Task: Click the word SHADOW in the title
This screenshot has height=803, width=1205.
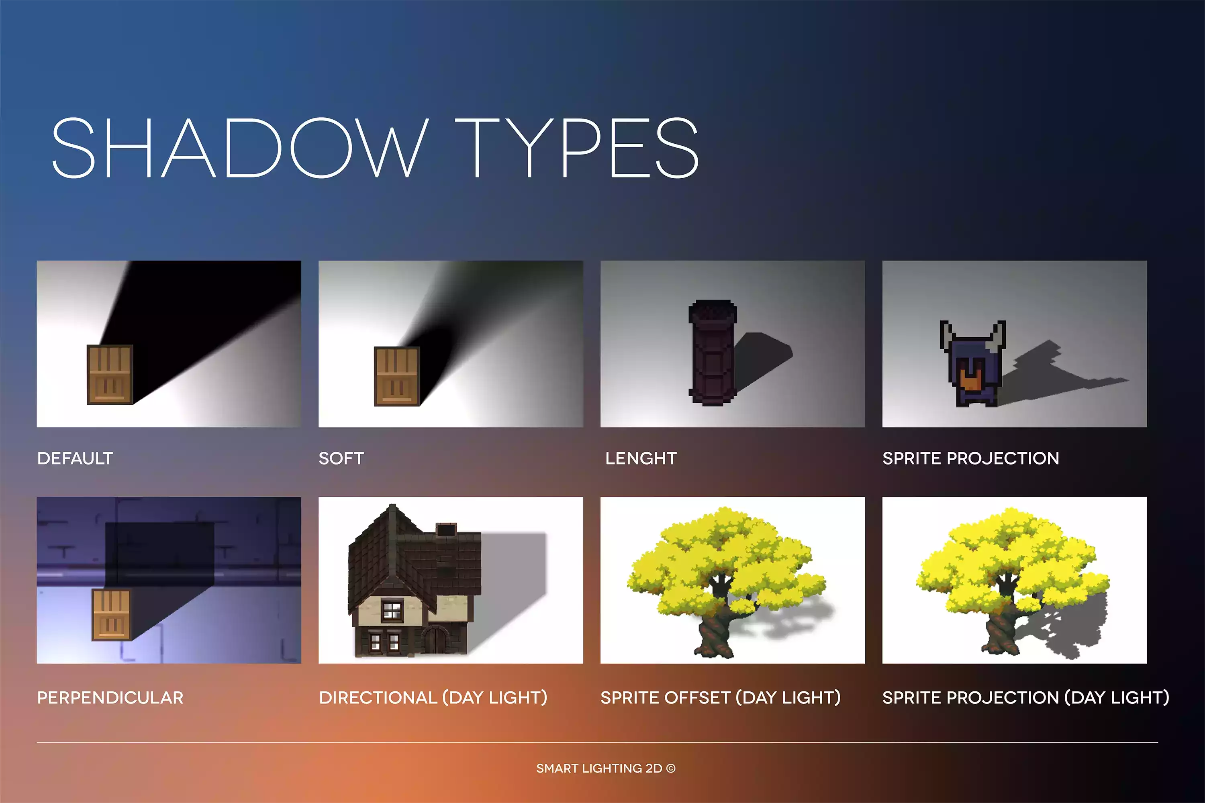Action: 240,148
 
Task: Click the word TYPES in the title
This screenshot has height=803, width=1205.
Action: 577,148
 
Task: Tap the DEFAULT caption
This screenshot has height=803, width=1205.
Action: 76,458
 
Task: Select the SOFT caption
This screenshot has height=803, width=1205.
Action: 341,458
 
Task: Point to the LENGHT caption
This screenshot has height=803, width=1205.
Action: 641,458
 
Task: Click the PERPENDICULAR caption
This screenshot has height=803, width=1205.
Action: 110,697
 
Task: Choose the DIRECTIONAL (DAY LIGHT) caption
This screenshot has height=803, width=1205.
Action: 433,697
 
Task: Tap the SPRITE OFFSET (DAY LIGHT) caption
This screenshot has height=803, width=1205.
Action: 720,697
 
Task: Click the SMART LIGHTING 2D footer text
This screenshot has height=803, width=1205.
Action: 599,768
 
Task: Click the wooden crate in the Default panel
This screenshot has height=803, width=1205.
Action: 110,374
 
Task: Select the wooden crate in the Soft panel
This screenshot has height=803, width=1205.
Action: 397,377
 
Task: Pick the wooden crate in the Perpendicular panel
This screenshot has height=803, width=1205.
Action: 112,615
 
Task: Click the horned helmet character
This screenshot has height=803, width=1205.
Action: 973,364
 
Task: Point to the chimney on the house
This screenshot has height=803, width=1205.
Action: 446,530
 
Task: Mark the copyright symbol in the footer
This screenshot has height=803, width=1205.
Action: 671,768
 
